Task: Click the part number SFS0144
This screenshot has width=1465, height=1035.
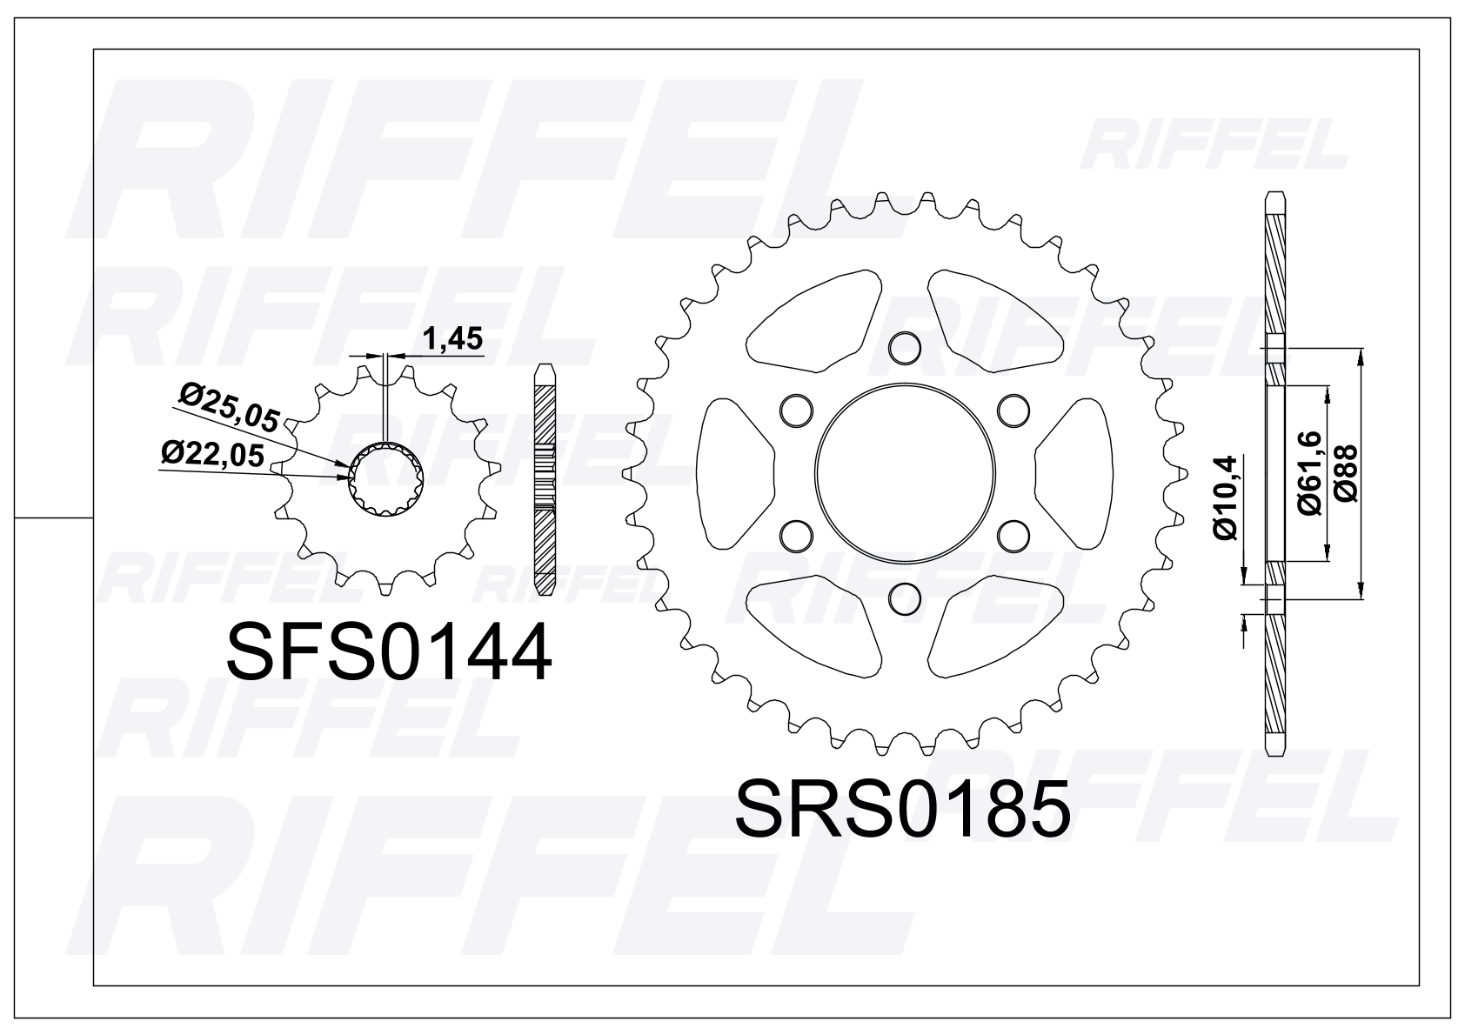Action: [389, 652]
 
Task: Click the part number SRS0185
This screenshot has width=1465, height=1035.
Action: [902, 808]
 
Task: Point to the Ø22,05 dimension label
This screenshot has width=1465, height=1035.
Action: [212, 453]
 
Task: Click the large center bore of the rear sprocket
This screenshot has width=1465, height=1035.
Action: [905, 472]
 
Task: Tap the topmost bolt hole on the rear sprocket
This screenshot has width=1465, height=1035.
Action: [905, 347]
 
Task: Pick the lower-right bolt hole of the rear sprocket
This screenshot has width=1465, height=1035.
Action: [1013, 535]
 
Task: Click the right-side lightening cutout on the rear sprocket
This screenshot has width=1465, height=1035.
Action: [1074, 472]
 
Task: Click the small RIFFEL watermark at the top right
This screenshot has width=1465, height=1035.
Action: [1215, 148]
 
